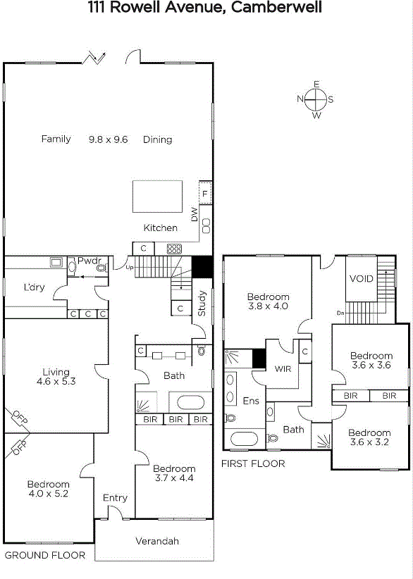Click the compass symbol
(316, 100)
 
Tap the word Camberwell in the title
(277, 7)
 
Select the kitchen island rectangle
(157, 197)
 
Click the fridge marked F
(205, 193)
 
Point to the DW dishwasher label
(195, 214)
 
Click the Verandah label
(157, 541)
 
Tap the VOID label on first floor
(362, 278)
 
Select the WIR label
(283, 368)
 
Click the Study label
(202, 303)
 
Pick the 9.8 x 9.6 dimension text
(109, 139)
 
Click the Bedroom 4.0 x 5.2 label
(49, 489)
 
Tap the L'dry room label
(34, 287)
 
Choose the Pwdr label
(90, 261)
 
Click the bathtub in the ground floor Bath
(190, 402)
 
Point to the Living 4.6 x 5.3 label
(56, 377)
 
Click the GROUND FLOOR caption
(44, 555)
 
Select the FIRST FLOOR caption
(253, 463)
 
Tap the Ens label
(251, 401)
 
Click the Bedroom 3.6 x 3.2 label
(369, 437)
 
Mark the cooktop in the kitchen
(174, 249)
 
